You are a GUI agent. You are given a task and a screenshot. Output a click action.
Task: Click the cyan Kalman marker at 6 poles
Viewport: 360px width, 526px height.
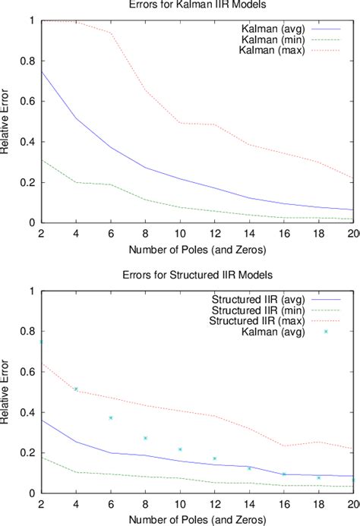[110, 417]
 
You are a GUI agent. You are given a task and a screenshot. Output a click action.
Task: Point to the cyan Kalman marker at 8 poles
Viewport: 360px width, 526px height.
[145, 438]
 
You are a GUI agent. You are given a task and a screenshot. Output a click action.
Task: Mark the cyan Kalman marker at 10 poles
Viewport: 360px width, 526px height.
[180, 449]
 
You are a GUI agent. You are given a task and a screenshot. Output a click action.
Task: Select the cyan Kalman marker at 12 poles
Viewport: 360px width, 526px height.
[215, 458]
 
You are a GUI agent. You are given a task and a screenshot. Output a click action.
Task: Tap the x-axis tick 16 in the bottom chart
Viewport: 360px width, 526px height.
[285, 504]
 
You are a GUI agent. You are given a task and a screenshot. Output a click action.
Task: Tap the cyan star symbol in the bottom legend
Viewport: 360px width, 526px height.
[326, 332]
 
